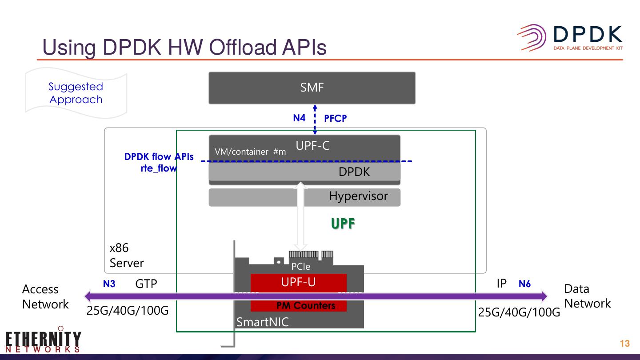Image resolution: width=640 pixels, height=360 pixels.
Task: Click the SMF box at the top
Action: click(312, 88)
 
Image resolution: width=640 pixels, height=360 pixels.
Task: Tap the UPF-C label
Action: click(312, 146)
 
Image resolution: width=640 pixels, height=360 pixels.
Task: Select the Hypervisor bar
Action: click(304, 197)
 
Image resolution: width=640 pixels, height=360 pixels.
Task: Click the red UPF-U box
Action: click(298, 282)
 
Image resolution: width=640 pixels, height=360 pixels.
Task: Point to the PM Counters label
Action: click(306, 306)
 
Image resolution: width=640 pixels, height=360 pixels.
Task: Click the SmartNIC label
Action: click(262, 322)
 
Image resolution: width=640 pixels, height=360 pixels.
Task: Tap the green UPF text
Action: click(343, 224)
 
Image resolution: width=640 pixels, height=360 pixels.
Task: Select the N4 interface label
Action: click(299, 118)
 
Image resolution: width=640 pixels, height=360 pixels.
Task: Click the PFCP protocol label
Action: click(335, 118)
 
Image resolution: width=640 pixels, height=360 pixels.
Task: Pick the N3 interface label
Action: click(109, 284)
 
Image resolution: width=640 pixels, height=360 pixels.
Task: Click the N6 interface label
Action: click(524, 284)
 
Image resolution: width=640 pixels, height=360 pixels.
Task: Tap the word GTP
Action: click(146, 284)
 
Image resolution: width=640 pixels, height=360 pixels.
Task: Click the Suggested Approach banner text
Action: click(76, 93)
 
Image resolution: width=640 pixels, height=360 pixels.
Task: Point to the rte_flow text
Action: click(159, 168)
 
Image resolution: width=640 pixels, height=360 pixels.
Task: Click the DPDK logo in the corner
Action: click(569, 38)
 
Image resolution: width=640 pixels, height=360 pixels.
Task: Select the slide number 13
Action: click(624, 344)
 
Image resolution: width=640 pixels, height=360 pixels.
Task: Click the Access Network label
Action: click(45, 296)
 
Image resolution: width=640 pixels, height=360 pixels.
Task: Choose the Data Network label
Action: click(587, 296)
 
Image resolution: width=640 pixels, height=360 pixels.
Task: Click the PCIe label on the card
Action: click(300, 267)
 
